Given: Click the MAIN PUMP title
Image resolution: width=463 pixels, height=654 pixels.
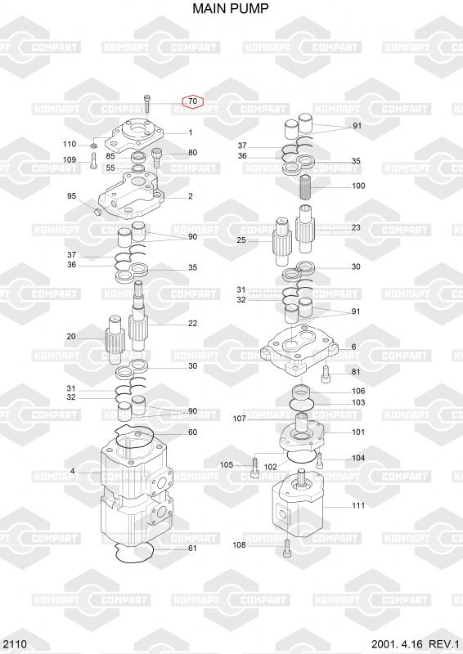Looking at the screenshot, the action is tap(231, 8).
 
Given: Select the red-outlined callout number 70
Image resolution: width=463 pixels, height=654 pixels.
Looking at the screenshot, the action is tap(192, 101).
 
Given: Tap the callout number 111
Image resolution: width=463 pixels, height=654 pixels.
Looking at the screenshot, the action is tap(358, 505).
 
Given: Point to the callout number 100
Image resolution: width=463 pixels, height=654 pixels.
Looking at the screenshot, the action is tap(358, 186).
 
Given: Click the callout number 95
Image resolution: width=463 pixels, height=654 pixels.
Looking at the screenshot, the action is tap(72, 196).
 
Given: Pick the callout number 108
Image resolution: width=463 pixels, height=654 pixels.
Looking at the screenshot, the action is tap(239, 544).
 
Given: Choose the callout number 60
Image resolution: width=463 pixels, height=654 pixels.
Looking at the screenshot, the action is tap(192, 432).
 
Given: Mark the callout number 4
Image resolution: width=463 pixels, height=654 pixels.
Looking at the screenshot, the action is tap(73, 472).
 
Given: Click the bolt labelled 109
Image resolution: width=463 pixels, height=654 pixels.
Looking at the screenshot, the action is tap(93, 160).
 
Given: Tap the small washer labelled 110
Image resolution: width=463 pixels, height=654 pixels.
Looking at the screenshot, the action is tap(93, 146).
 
